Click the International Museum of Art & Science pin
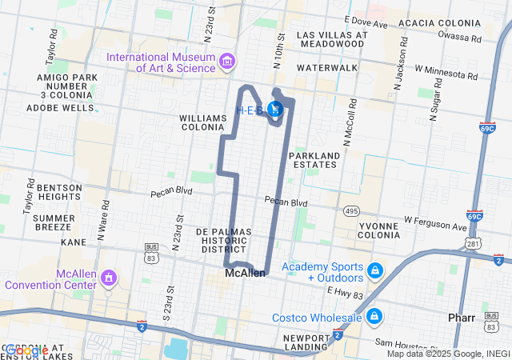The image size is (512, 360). click(x=227, y=62)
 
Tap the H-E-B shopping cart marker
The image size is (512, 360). click(x=275, y=110)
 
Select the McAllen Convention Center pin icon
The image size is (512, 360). click(x=108, y=278)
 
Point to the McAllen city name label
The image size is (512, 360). click(x=244, y=273)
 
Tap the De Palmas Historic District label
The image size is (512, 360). click(x=224, y=240)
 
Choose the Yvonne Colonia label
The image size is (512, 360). click(x=379, y=230)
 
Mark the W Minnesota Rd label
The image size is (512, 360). click(x=446, y=74)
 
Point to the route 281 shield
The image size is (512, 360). click(x=474, y=242)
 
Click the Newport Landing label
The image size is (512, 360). click(x=307, y=342)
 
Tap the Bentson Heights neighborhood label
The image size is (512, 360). click(x=59, y=191)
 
